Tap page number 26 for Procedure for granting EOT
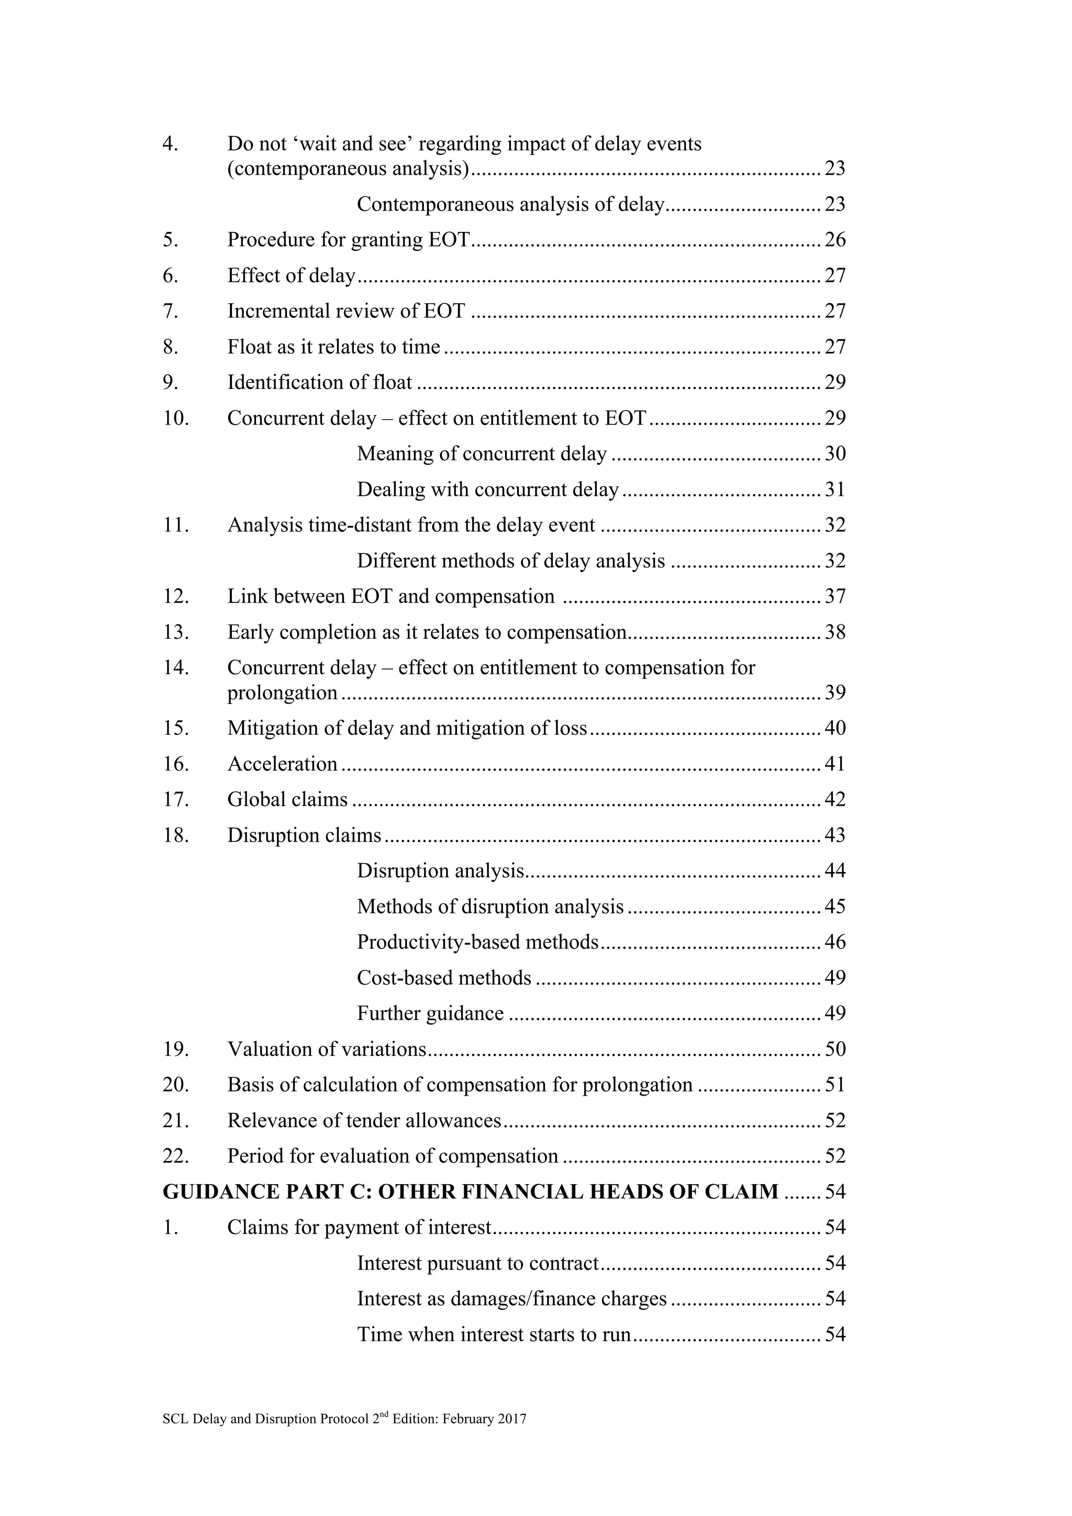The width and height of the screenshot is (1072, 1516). (835, 240)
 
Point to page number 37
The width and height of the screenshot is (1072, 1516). (835, 596)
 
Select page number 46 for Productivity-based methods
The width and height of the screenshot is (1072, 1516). (835, 942)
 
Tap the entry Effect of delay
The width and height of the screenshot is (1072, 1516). (291, 275)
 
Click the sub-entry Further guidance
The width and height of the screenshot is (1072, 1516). (430, 1013)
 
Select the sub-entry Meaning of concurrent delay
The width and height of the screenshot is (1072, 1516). (482, 454)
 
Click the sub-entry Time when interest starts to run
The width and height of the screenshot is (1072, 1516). (494, 1334)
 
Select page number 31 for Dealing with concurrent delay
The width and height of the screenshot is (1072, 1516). (835, 489)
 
